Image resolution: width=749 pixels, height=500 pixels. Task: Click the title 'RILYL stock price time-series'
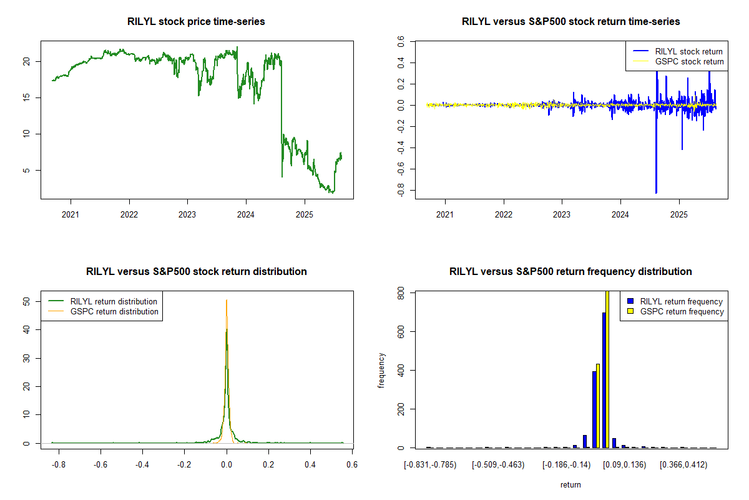coord(197,22)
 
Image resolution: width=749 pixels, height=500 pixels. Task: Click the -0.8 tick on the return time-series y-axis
coord(400,190)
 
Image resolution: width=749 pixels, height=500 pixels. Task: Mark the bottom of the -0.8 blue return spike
coord(656,192)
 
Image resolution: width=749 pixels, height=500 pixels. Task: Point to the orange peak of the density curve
coord(227,301)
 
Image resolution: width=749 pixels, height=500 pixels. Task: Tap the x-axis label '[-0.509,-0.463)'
coord(499,465)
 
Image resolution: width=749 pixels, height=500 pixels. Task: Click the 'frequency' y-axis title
coord(381,371)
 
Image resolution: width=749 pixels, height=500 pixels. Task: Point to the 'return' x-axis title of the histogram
coord(570,484)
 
